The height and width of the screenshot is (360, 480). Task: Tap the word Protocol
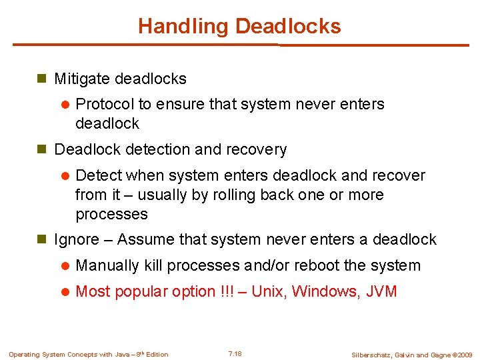tap(105, 104)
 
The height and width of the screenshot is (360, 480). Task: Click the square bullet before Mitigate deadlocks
tap(41, 79)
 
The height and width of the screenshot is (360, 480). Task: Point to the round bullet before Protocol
tap(65, 105)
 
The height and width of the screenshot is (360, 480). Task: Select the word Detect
tap(99, 175)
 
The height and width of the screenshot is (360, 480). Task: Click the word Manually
tap(107, 265)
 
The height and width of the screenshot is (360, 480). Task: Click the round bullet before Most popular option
tap(65, 292)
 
